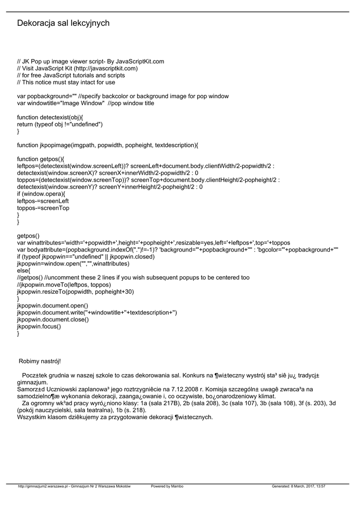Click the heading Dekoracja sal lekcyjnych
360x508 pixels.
tap(63, 23)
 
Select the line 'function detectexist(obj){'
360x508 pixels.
tap(50, 117)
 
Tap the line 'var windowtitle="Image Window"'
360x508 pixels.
tap(61, 103)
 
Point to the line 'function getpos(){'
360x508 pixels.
tap(41, 159)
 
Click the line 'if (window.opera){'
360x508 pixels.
tap(41, 194)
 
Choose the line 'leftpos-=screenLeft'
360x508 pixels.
tap(43, 201)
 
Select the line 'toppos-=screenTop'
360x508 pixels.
tap(43, 208)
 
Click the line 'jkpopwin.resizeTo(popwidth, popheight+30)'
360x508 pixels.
tap(75, 292)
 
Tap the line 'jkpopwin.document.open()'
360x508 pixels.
tap(53, 306)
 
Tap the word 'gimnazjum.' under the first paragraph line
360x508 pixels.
tap(32, 382)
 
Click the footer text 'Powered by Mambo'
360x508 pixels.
tap(167, 486)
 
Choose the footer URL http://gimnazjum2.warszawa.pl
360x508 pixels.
tap(42, 486)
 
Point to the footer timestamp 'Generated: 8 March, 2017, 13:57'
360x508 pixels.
tap(298, 486)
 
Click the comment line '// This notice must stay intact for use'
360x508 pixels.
tap(66, 82)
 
